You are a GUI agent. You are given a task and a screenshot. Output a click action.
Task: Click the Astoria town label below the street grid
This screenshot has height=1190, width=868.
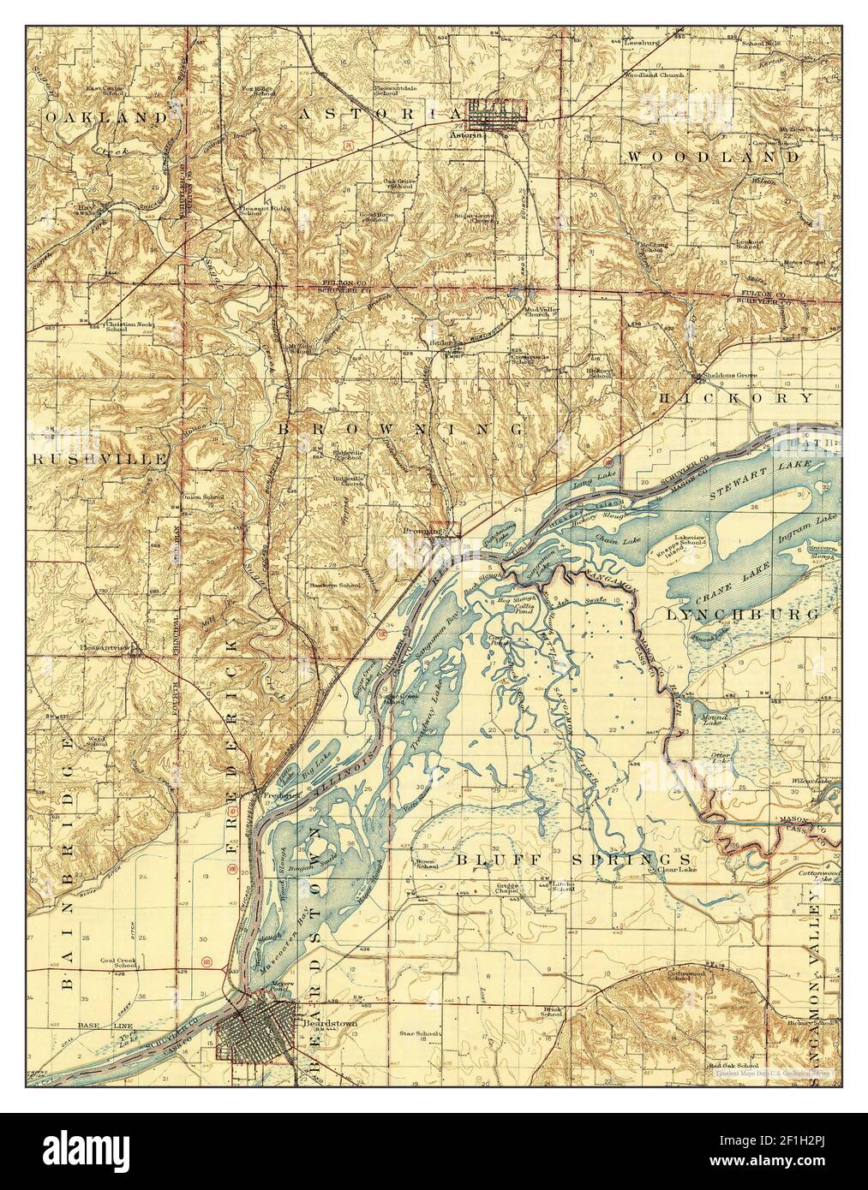click(469, 134)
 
